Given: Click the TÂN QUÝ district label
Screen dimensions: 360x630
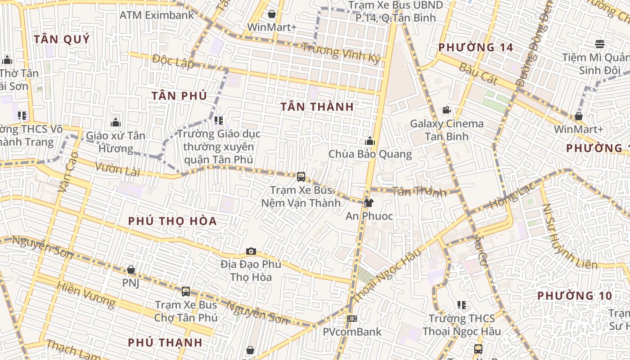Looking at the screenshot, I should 62,39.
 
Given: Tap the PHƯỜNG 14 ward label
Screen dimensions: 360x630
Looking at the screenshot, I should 476,47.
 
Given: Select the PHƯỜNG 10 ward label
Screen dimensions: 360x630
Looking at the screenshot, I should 575,296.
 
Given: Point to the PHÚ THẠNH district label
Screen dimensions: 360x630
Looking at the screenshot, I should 165,342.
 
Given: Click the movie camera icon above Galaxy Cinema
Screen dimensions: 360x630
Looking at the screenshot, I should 446,110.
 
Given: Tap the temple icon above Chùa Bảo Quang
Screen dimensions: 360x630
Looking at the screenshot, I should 370,141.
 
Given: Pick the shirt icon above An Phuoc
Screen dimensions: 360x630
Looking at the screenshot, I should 369,203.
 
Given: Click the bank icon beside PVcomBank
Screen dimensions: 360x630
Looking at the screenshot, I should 352,319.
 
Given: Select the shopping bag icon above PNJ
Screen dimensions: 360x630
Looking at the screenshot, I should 131,270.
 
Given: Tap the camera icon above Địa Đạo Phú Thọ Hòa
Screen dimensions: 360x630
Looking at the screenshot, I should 251,251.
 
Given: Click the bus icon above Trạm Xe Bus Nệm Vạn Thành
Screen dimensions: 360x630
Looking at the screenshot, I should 301,177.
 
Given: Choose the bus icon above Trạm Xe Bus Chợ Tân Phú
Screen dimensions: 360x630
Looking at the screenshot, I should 186,292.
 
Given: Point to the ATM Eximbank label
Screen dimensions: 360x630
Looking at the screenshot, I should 157,15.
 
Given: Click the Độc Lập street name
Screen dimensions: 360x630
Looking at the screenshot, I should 173,61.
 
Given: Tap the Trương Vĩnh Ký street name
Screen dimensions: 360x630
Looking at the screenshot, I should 341,53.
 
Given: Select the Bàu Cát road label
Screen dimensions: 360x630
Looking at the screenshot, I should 478,73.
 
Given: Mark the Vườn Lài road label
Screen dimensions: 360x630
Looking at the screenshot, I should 117,168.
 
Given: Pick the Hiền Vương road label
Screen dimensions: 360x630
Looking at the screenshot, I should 86,294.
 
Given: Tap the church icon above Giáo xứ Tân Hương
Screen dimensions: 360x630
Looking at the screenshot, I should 116,122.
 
